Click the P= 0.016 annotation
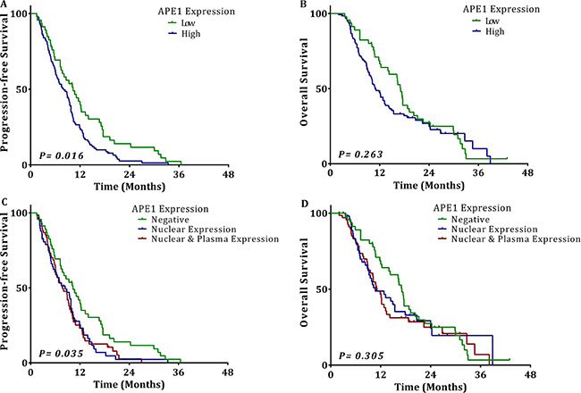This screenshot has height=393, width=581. coord(59,155)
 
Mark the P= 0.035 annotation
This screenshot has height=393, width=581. coord(59,354)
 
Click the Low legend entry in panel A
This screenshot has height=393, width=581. coord(177,23)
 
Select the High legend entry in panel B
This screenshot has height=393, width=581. coord(478,32)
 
